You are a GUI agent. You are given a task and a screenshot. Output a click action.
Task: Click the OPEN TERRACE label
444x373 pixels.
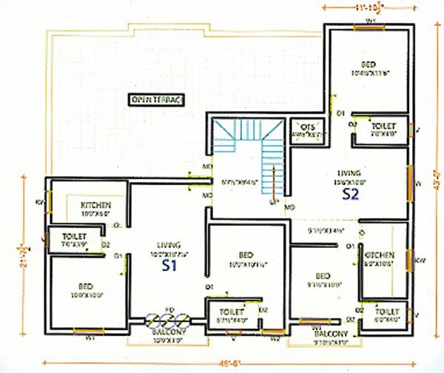tap(157, 98)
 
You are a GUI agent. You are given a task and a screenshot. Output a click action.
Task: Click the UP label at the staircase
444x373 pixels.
tap(273, 201)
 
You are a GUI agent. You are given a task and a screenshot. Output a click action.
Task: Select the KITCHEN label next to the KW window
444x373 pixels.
tap(380, 255)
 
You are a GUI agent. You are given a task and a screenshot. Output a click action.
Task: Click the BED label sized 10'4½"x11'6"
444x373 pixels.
tap(368, 64)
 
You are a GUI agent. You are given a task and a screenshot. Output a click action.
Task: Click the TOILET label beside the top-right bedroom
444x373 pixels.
tap(383, 127)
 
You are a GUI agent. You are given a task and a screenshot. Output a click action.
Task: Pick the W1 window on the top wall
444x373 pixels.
tap(370, 22)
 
